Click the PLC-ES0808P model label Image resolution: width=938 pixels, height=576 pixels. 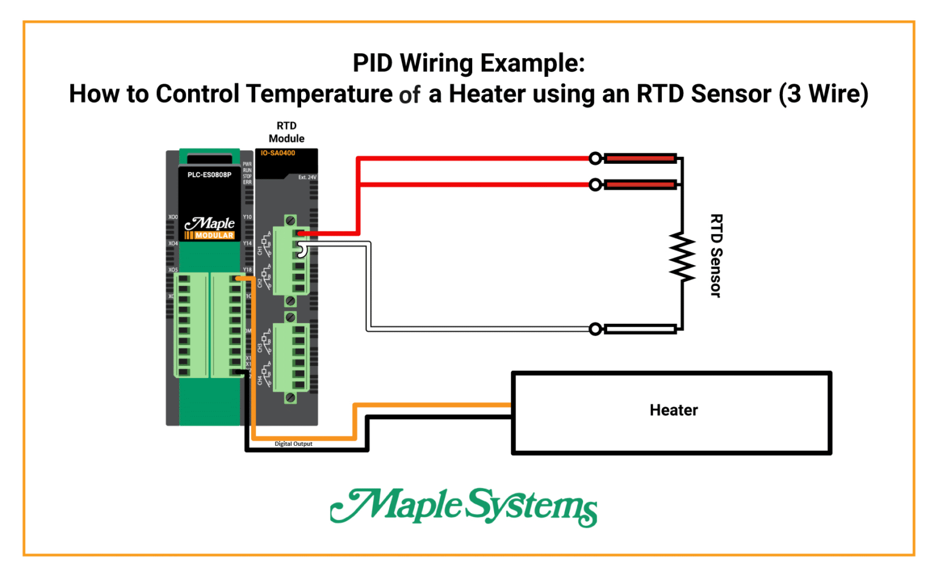209,175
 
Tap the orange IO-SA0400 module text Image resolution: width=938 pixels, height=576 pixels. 277,153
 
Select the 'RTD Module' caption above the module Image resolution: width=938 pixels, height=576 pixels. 286,132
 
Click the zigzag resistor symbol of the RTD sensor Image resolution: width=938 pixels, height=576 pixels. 682,257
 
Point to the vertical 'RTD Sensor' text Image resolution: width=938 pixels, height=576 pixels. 716,255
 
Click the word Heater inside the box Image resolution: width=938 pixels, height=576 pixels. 673,410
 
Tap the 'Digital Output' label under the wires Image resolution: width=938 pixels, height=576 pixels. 293,444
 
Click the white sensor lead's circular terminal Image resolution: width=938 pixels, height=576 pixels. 595,329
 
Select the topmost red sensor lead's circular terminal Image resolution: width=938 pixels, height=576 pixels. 595,159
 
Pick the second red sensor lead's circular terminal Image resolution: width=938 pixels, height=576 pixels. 595,184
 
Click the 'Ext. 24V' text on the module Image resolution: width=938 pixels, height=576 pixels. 307,178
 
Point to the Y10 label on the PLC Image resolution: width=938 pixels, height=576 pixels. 247,217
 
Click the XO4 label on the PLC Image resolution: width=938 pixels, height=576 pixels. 173,244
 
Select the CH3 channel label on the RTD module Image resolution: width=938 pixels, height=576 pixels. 260,348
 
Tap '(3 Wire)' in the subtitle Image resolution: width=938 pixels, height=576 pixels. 823,94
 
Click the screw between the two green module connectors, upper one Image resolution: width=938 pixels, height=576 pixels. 291,301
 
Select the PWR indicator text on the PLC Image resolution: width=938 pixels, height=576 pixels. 247,164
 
